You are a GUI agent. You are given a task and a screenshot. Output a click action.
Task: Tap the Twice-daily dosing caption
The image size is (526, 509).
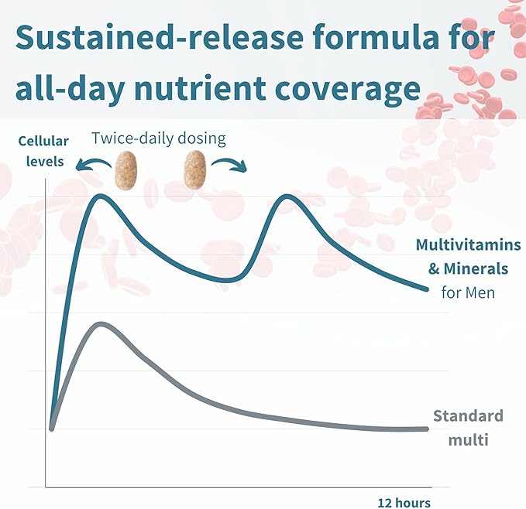[x=158, y=139]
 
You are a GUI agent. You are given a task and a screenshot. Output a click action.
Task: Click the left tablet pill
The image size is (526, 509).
[x=124, y=170]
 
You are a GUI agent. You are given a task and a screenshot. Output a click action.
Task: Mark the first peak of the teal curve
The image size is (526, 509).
[x=101, y=196]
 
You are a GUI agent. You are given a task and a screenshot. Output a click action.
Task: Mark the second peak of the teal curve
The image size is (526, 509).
[x=287, y=196]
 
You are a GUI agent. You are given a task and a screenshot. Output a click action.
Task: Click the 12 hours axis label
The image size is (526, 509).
[x=404, y=502]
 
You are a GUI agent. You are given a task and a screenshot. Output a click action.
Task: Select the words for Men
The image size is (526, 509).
[x=468, y=292]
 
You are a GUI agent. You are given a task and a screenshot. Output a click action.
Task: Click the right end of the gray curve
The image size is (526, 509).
[x=425, y=429]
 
